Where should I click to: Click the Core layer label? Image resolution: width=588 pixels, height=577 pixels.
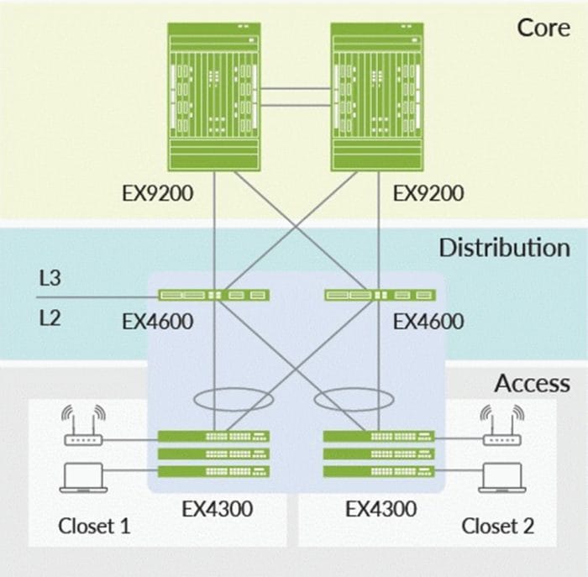543,27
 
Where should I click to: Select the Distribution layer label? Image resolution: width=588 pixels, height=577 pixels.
503,248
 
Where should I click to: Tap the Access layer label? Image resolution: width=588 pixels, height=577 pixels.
532,384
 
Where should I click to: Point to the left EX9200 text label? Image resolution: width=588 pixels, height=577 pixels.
158,194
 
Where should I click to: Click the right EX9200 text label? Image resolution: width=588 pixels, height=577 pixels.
428,194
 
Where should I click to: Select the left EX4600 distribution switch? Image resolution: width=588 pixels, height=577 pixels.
213,295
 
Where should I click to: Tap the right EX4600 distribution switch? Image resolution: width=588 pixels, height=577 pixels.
380,295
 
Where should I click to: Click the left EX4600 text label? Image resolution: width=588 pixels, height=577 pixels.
158,321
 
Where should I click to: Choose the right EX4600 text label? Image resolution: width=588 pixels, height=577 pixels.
428,321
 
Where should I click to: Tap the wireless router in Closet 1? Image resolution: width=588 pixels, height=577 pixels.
83,428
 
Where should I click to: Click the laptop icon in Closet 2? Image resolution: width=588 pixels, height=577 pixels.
501,477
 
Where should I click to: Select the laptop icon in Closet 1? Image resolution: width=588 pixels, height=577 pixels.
82,477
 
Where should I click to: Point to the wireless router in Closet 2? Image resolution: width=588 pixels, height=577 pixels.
501,428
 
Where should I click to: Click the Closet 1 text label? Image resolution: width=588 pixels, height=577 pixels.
94,527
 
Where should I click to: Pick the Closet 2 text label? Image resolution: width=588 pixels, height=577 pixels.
497,527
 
